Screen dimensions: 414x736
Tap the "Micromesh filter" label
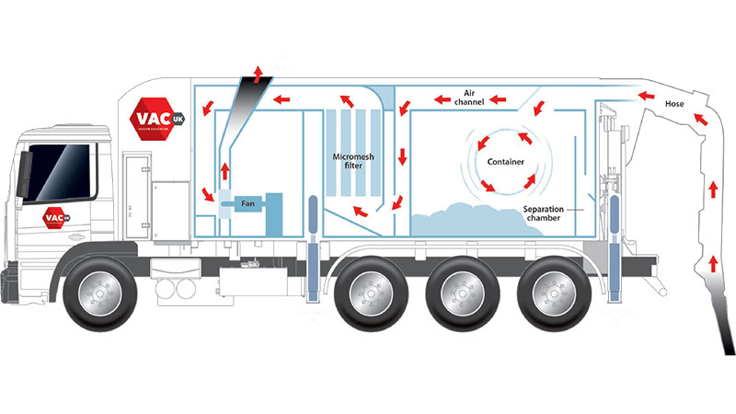[349, 164]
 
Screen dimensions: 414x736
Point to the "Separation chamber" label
[549, 214]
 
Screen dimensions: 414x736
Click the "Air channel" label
[467, 96]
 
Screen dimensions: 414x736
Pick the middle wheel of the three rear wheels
[455, 294]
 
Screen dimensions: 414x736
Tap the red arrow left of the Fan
[209, 194]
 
